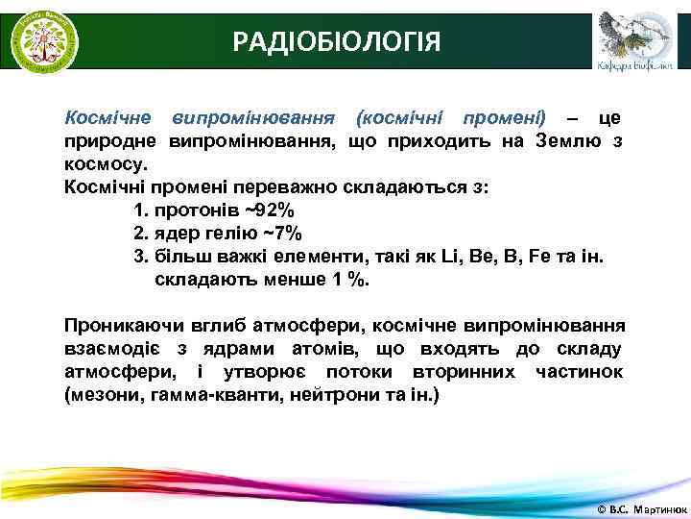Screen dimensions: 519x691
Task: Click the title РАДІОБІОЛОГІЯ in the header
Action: pos(338,41)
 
